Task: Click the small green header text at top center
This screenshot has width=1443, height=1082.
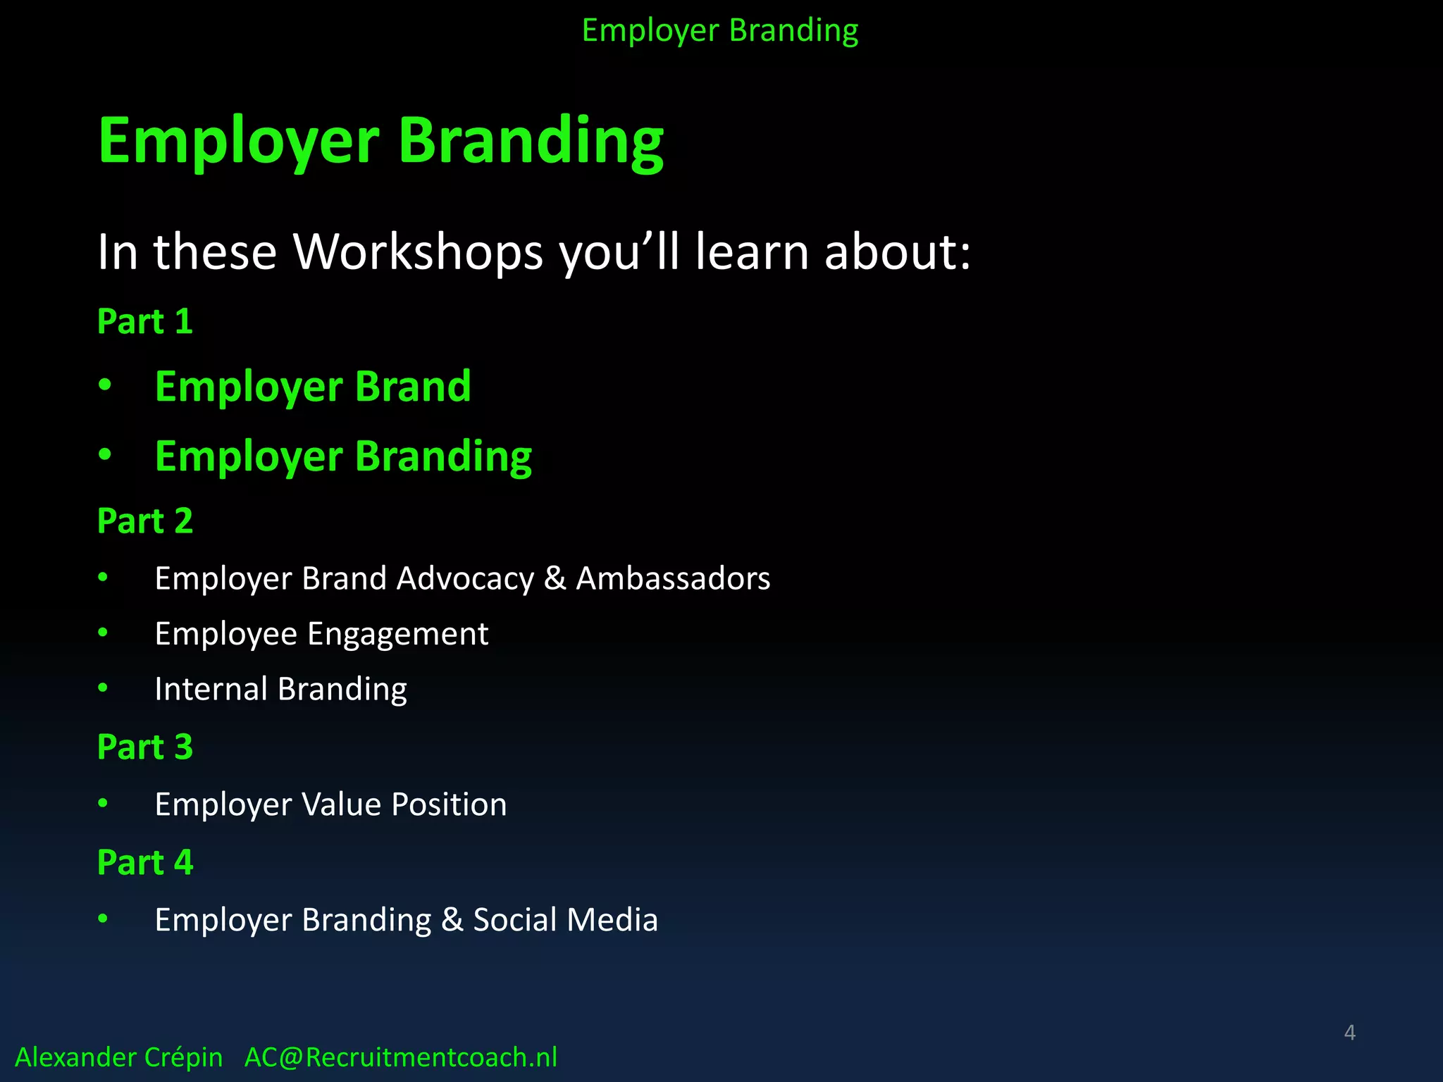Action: click(x=719, y=31)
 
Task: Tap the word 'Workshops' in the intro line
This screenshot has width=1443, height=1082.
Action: click(x=418, y=252)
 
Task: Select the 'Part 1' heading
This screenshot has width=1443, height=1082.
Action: click(x=144, y=321)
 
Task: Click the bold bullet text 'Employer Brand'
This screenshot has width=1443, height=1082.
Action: click(x=312, y=387)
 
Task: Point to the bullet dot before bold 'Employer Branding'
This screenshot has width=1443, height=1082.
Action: click(x=105, y=455)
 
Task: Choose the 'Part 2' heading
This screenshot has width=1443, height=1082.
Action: click(x=144, y=521)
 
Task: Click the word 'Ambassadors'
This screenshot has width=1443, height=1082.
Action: click(x=673, y=578)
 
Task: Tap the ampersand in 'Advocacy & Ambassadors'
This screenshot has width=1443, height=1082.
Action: click(x=555, y=579)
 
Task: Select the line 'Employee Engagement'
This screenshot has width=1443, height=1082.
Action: click(x=321, y=634)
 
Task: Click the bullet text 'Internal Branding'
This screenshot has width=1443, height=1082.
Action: click(x=280, y=689)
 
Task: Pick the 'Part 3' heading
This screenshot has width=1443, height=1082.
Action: click(x=144, y=747)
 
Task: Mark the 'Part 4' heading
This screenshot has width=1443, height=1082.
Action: click(x=144, y=863)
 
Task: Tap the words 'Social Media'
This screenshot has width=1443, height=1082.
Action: click(x=565, y=920)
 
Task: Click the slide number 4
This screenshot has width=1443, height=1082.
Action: click(x=1349, y=1033)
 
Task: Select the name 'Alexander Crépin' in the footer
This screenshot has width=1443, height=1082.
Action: click(x=118, y=1057)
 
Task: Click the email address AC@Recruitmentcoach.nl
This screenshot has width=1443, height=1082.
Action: click(x=400, y=1057)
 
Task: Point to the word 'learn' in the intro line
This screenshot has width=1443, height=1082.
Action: click(x=752, y=252)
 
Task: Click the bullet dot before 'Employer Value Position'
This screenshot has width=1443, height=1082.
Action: click(x=103, y=803)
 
